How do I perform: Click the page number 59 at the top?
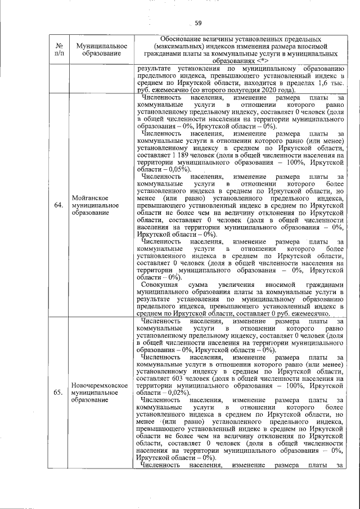tap(198, 23)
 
